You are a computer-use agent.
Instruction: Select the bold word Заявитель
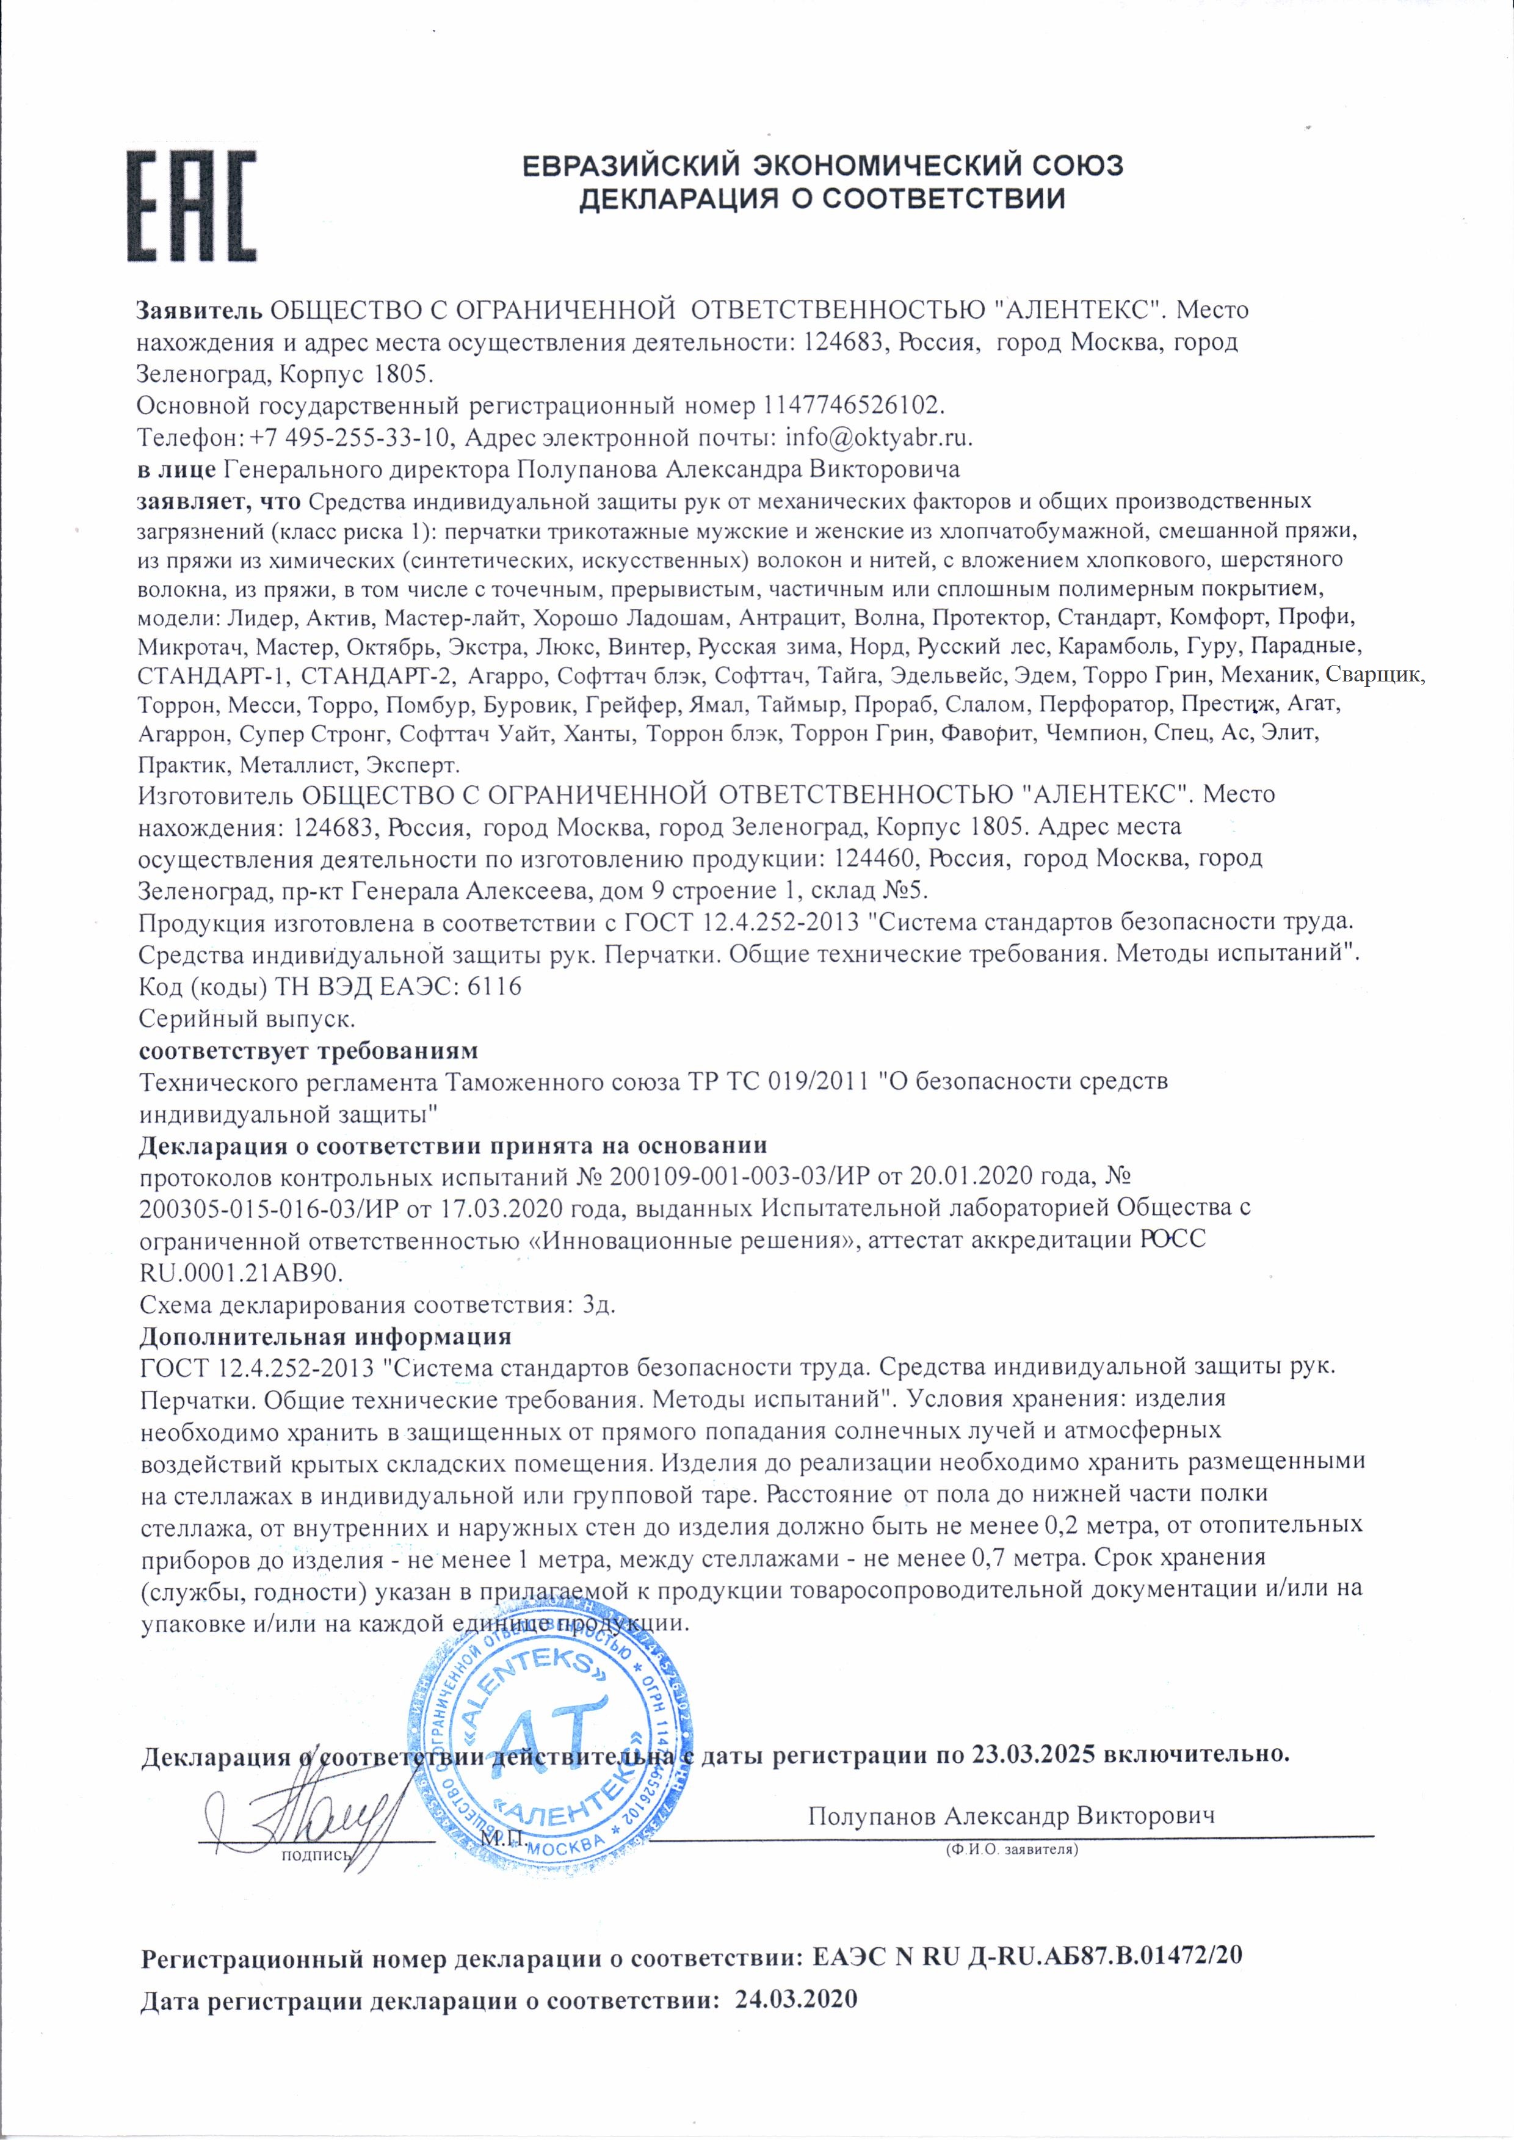point(201,310)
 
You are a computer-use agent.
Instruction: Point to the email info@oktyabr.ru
point(878,438)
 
